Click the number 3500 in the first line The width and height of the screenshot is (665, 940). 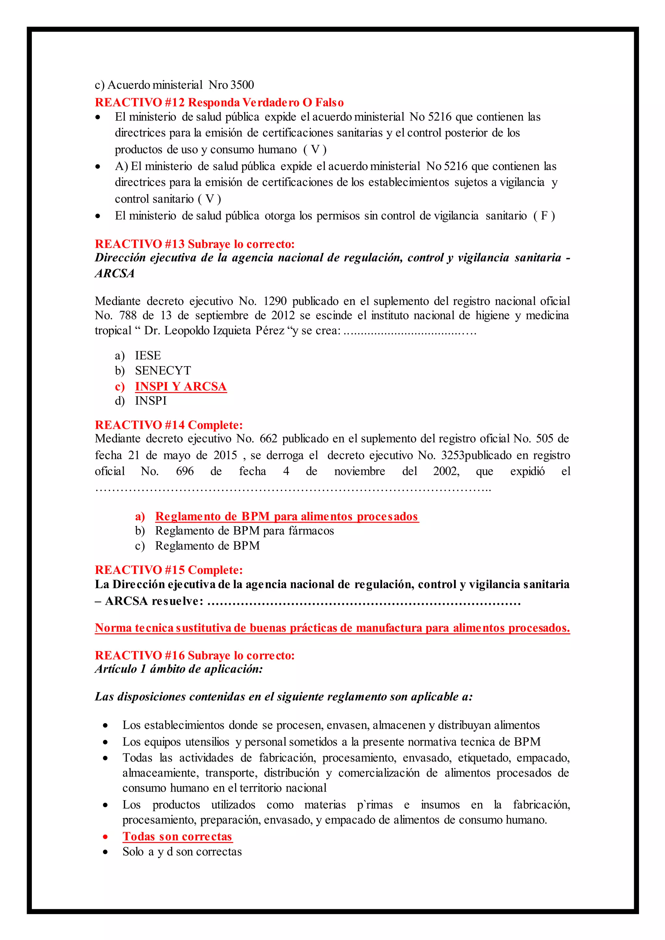[x=242, y=85]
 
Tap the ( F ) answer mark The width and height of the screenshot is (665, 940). [x=544, y=216]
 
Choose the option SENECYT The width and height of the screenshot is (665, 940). [x=163, y=370]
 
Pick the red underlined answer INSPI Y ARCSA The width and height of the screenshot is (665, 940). [x=181, y=387]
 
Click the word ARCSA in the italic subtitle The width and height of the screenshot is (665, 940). [x=115, y=274]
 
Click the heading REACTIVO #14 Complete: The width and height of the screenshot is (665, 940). [x=169, y=425]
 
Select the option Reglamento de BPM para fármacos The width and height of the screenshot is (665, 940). [x=244, y=531]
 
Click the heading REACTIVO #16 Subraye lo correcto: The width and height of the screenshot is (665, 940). [x=194, y=655]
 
